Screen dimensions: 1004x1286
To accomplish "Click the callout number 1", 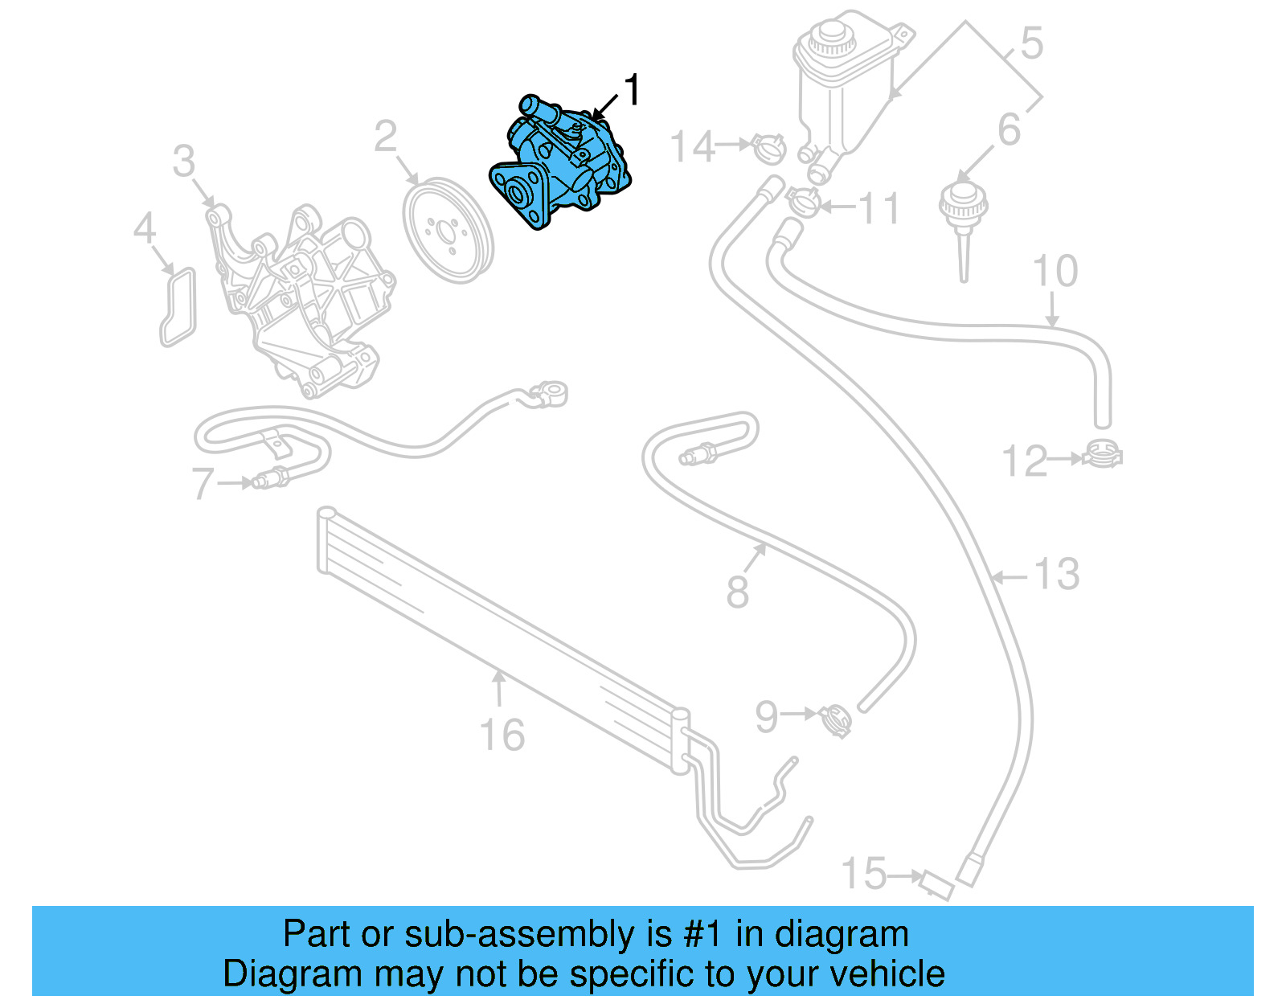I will point(633,90).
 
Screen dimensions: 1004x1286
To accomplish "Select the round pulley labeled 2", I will point(448,231).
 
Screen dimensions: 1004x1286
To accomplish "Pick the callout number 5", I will point(1031,43).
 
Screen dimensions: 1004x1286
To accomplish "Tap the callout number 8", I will point(737,592).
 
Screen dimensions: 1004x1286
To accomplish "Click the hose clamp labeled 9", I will point(836,719).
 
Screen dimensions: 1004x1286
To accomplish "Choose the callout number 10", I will point(1055,271).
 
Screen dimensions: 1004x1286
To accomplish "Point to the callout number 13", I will point(1056,575).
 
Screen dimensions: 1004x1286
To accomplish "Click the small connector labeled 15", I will point(937,885).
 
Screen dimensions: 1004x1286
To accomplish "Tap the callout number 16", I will point(502,735).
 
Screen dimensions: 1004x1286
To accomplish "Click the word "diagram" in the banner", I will point(842,934).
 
